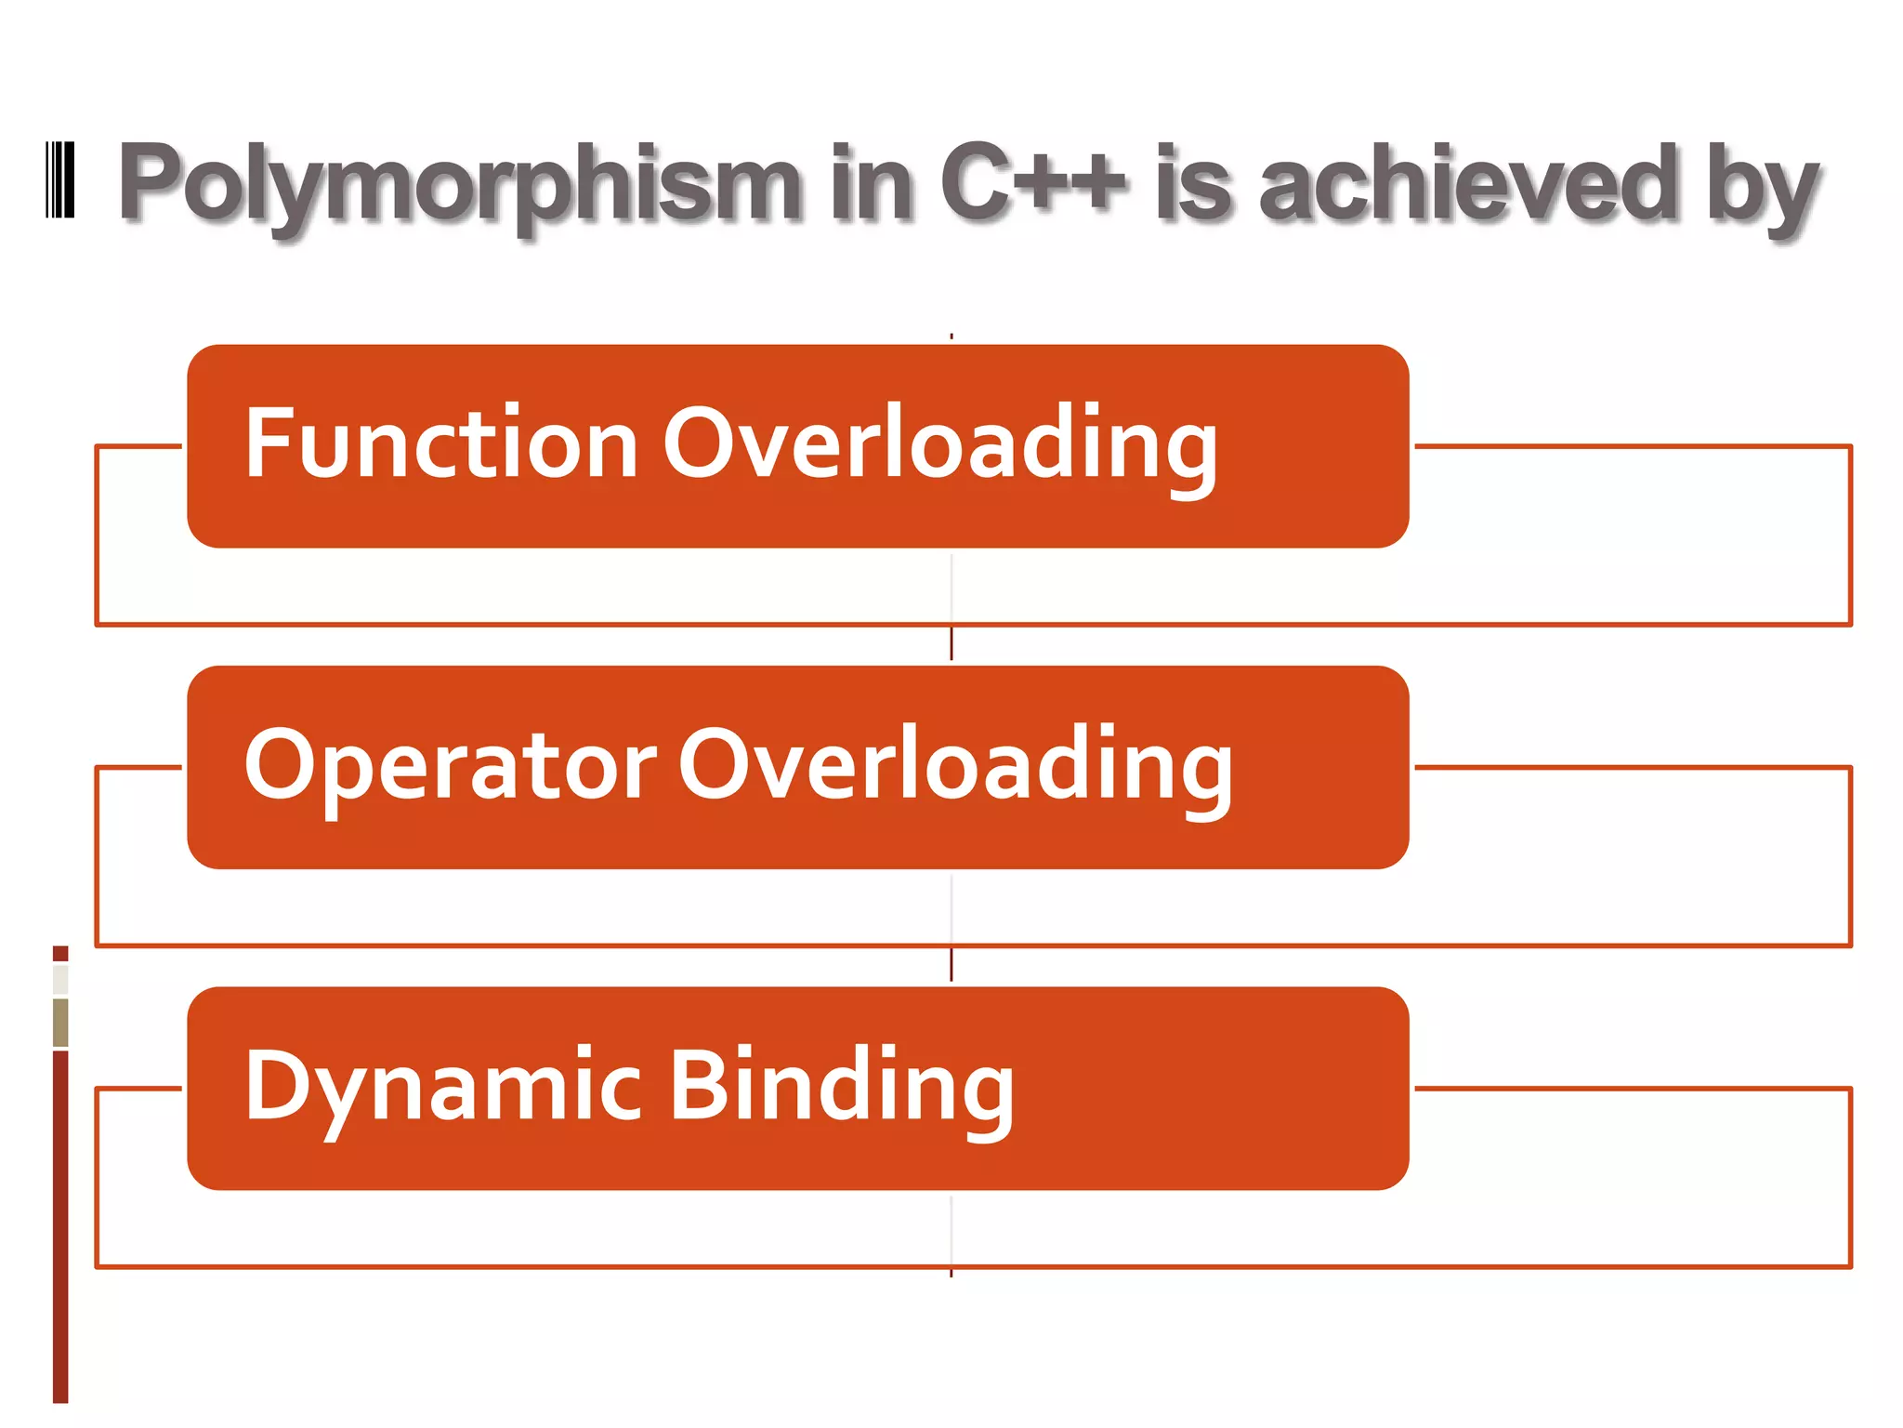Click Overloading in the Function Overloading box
point(939,446)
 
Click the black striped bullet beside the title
point(60,180)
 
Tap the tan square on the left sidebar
point(60,1022)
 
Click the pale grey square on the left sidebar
point(60,979)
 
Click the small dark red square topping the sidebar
point(60,953)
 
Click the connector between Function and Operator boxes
point(951,643)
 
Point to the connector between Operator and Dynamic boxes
point(951,964)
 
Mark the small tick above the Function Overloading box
point(951,337)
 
